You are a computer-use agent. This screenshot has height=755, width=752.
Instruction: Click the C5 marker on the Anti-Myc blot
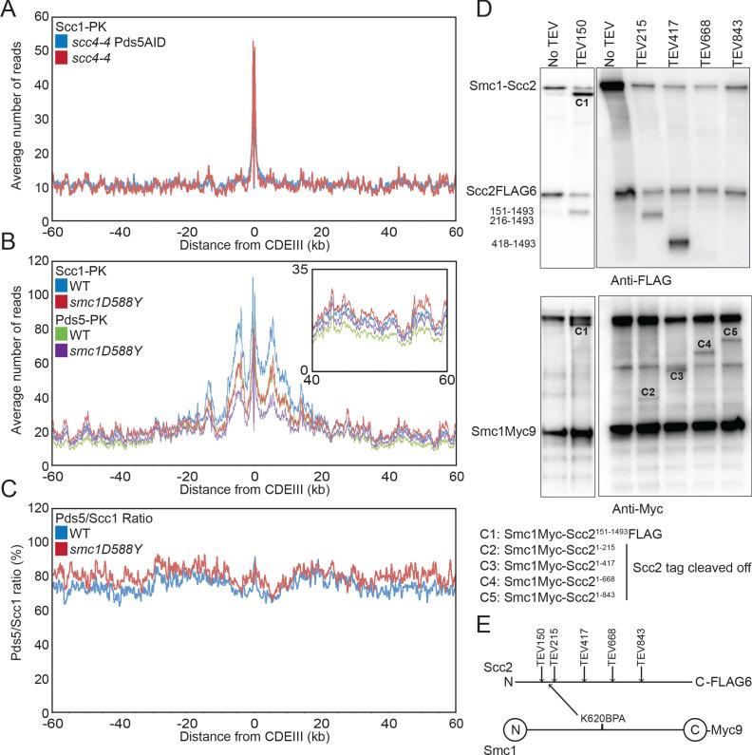pos(730,332)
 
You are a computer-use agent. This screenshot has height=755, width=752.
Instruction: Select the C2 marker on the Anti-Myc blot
pos(649,391)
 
